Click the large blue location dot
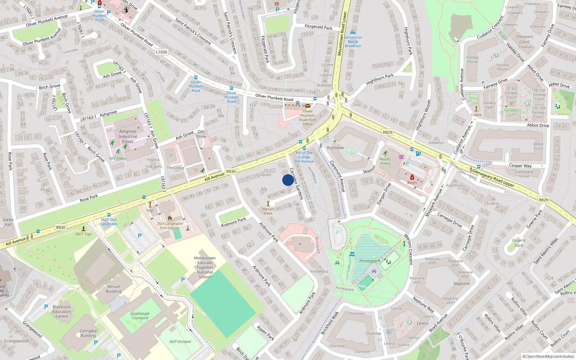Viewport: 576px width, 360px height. coord(288,180)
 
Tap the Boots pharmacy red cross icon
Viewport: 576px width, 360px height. coord(412,177)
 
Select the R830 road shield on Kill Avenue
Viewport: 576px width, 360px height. coord(231,171)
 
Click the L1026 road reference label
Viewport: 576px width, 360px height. coord(162,52)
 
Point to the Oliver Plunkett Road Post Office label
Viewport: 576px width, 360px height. coord(307,118)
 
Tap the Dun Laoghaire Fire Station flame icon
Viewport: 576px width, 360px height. coord(170,218)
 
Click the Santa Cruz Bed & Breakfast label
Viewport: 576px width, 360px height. coord(353,41)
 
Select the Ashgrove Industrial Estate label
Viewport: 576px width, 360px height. coord(128,136)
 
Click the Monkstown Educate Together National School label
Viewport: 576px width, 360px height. coord(205,267)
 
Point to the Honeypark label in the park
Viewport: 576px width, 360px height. coord(369,261)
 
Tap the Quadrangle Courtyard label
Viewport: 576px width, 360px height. coord(140,316)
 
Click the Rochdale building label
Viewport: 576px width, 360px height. coord(335,148)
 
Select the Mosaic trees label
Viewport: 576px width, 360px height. coord(268,211)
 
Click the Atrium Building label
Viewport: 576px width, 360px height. coord(114,289)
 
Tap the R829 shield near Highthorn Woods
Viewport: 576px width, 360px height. coord(387,132)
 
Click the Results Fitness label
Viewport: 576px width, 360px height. coord(385,161)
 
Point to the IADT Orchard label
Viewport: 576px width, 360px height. coord(180,342)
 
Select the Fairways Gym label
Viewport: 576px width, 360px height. coord(512,112)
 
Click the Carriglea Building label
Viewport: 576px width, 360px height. coord(88,333)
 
